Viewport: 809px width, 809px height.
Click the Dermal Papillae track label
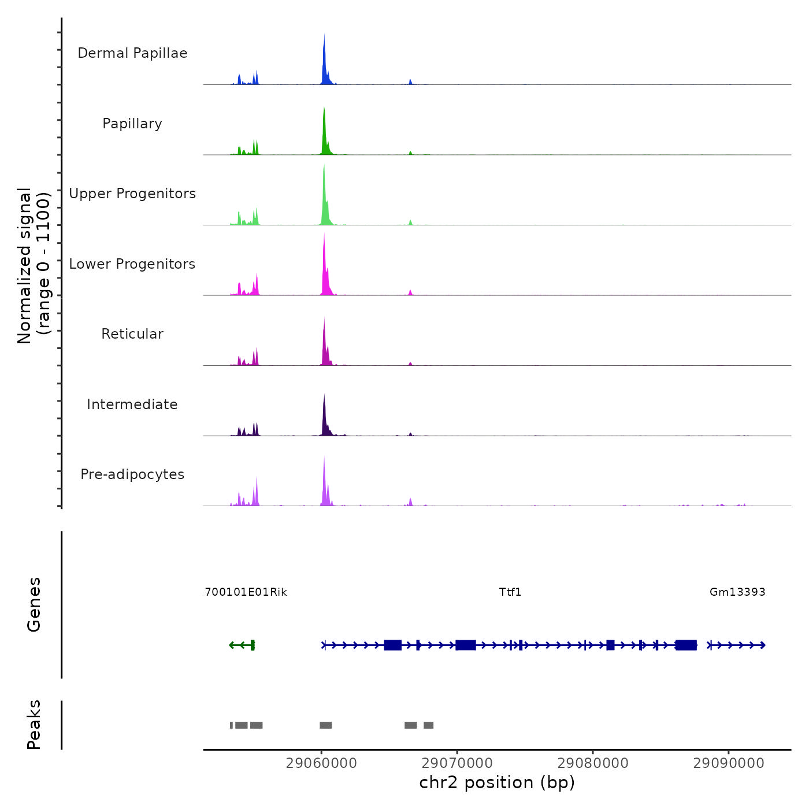[132, 53]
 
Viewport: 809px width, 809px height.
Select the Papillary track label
[132, 124]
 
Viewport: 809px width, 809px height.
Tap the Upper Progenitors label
[132, 194]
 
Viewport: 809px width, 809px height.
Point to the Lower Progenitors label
[132, 264]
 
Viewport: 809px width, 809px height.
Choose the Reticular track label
[132, 334]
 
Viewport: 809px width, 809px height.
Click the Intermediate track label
[132, 404]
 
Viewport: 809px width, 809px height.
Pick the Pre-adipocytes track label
[132, 474]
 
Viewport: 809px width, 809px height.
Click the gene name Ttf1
[510, 592]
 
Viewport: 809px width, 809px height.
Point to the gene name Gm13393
[737, 592]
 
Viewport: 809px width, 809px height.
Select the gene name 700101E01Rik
[246, 592]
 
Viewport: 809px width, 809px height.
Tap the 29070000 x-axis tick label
[457, 763]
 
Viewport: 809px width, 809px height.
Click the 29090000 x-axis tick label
[729, 763]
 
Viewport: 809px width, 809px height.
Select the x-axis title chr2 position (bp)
[497, 783]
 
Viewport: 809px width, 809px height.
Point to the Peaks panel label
[34, 725]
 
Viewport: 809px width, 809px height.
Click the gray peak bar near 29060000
[326, 725]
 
